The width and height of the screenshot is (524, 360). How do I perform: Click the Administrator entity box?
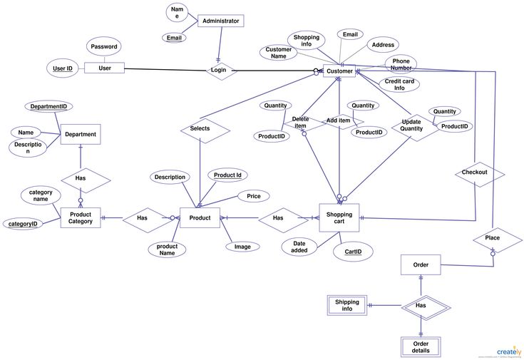[x=220, y=21]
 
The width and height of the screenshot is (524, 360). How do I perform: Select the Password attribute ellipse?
[x=103, y=47]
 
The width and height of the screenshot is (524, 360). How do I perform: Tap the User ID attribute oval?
[x=63, y=68]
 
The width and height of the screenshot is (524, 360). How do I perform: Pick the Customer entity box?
[x=339, y=71]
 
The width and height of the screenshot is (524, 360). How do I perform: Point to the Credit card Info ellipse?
[x=399, y=85]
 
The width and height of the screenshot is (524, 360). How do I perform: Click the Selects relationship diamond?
[x=200, y=129]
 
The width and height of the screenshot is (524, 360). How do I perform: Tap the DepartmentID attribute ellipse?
[x=48, y=106]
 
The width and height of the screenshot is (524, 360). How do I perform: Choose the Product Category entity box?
[x=80, y=218]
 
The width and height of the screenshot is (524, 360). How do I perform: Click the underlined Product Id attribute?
[x=227, y=175]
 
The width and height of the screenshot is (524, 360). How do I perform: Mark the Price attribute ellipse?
[x=253, y=196]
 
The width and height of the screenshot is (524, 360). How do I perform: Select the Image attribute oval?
[x=242, y=247]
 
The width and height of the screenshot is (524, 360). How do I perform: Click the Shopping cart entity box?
[x=339, y=218]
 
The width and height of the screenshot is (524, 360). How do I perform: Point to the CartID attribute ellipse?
[x=353, y=252]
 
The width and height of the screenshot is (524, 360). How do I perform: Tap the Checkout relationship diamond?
[x=474, y=173]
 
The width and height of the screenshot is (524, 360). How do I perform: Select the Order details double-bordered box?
[x=421, y=347]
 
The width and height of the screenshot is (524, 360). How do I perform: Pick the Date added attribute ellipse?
[x=299, y=247]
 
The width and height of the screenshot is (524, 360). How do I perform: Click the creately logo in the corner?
[x=508, y=351]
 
